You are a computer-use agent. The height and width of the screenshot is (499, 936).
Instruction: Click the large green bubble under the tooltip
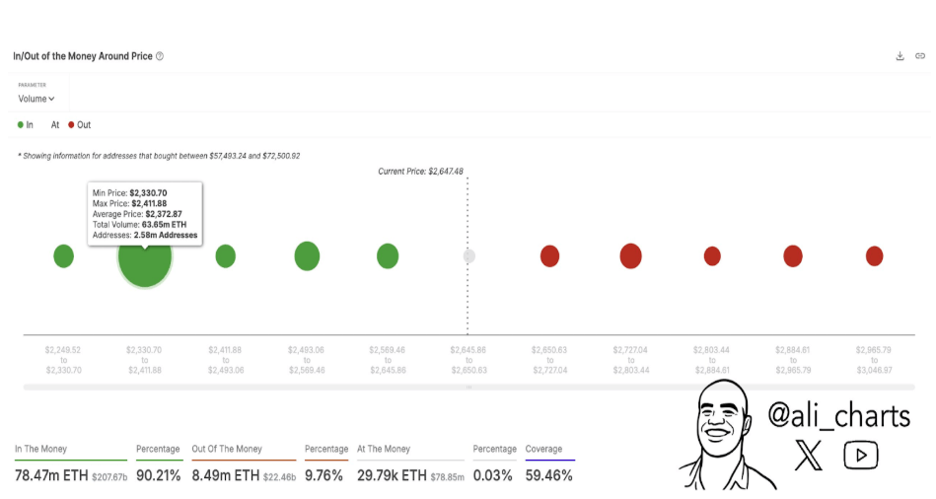click(145, 258)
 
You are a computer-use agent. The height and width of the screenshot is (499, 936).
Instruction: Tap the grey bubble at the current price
click(469, 256)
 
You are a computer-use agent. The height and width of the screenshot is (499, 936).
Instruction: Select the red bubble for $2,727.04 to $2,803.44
click(630, 256)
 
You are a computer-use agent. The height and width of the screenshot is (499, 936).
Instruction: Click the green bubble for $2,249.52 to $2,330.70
click(63, 256)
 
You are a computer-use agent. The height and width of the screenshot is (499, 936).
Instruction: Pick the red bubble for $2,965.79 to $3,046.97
click(874, 256)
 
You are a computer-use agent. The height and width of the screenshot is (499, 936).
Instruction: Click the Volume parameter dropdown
click(36, 99)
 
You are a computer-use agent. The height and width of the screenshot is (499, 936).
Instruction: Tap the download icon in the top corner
click(900, 56)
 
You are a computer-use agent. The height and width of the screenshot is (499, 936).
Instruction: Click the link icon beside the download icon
click(920, 56)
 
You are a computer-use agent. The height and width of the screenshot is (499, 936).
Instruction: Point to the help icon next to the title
click(160, 56)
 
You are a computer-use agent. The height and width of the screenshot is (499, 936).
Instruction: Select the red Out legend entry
click(79, 125)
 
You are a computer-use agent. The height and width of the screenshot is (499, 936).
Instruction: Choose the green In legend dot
click(21, 125)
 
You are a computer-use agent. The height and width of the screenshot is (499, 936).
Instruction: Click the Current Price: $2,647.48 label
click(420, 172)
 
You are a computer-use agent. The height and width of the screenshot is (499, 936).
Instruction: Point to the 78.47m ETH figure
click(50, 475)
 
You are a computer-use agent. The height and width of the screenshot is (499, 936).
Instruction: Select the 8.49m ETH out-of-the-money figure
click(225, 475)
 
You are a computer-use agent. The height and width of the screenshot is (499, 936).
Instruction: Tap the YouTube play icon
click(861, 455)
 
